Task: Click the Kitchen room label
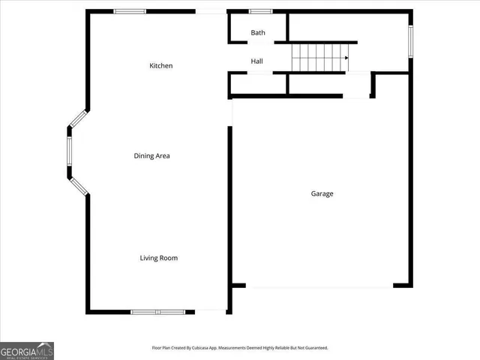coord(161,66)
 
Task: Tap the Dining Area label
coord(152,156)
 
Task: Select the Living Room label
coord(159,258)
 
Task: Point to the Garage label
coord(322,193)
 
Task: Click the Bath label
coord(258,33)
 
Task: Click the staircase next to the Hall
coord(319,57)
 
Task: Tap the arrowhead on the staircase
coord(346,57)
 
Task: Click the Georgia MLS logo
coord(27,350)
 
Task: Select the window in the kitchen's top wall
coord(130,11)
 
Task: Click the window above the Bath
coord(260,11)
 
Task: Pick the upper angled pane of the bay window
coord(78,119)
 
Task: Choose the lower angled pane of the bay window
coord(78,185)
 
